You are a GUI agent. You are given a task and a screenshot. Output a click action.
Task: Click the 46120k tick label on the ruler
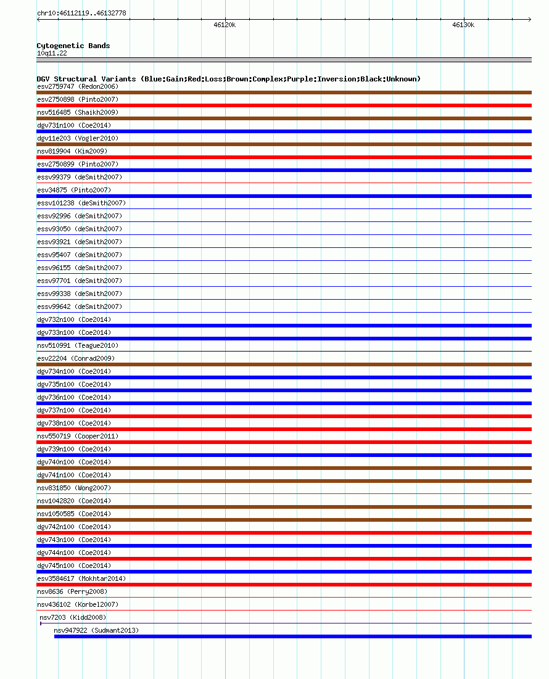[x=225, y=25]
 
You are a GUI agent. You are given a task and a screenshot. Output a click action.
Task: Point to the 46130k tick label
[x=463, y=25]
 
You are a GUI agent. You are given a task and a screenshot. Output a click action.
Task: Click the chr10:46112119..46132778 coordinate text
[x=81, y=13]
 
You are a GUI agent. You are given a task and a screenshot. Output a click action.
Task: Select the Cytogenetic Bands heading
[x=73, y=46]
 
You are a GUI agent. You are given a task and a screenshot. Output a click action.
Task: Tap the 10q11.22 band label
[x=52, y=53]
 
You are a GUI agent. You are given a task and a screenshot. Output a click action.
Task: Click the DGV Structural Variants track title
[x=228, y=79]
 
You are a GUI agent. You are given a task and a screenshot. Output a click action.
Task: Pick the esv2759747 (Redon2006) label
[x=78, y=86]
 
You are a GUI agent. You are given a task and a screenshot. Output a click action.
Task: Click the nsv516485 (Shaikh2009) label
[x=78, y=112]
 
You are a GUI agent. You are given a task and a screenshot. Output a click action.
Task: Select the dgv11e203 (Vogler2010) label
[x=78, y=138]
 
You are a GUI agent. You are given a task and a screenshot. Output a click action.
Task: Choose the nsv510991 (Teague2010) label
[x=78, y=345]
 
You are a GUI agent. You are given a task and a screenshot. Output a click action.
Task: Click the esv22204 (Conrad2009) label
[x=76, y=358]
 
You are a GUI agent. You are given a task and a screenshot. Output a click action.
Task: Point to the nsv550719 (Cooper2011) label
[x=78, y=436]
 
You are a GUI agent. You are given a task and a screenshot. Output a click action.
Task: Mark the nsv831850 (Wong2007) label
[x=74, y=488]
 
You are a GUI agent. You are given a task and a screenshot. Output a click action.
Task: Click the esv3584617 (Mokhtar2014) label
[x=81, y=578]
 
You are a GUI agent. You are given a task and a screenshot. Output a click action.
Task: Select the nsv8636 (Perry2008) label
[x=72, y=591]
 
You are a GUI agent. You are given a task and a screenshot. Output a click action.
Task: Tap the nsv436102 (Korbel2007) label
[x=78, y=604]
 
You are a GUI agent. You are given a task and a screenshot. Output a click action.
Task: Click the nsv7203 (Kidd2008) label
[x=73, y=617]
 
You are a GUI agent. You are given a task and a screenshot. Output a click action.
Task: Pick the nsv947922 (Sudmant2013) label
[x=96, y=630]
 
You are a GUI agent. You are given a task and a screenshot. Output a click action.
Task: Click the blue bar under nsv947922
[x=292, y=636]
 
